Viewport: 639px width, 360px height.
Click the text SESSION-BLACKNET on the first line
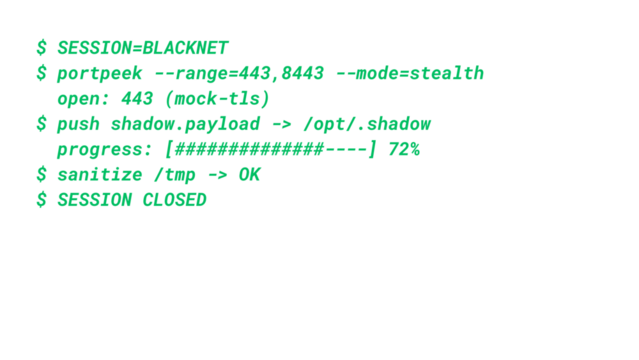pyautogui.click(x=142, y=48)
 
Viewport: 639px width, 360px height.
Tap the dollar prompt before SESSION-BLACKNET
pyautogui.click(x=41, y=48)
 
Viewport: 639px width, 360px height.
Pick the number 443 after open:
pyautogui.click(x=136, y=99)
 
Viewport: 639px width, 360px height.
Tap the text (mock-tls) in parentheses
pyautogui.click(x=217, y=99)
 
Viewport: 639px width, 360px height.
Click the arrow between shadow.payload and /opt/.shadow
pyautogui.click(x=281, y=124)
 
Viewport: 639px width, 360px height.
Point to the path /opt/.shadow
pyautogui.click(x=367, y=124)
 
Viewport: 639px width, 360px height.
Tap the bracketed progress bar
pyautogui.click(x=270, y=150)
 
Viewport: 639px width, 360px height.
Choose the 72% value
pyautogui.click(x=404, y=150)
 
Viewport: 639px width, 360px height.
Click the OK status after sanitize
pyautogui.click(x=249, y=175)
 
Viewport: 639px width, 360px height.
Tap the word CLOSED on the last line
pyautogui.click(x=174, y=200)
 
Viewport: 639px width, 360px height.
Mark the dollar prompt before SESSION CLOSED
pyautogui.click(x=41, y=200)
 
